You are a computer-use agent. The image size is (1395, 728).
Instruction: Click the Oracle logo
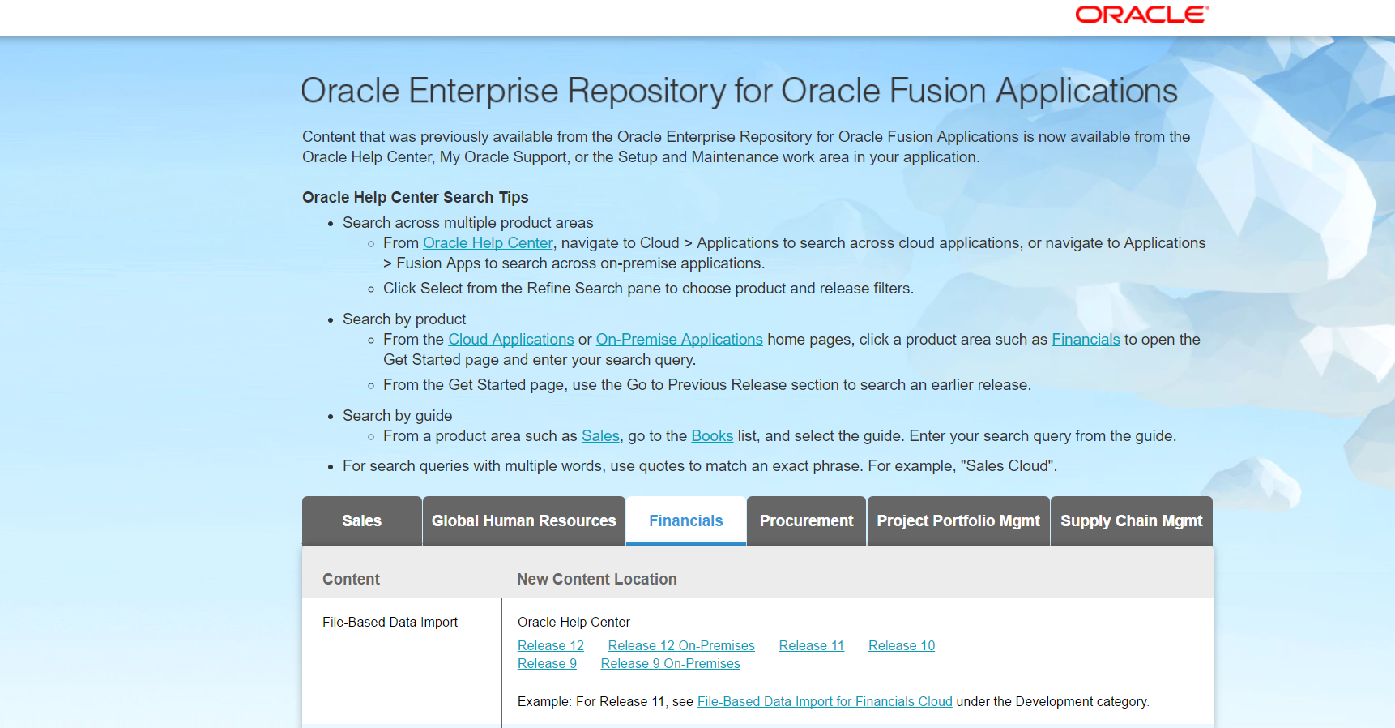(1141, 15)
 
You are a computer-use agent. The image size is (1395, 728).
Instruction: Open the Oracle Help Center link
(488, 243)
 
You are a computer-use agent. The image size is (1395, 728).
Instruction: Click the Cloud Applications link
(510, 340)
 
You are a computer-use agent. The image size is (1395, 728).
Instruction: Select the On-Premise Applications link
(679, 340)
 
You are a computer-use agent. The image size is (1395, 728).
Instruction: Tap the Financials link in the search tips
(1085, 340)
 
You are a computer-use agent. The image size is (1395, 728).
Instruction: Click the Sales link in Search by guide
(600, 436)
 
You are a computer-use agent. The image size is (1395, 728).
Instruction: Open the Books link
(711, 436)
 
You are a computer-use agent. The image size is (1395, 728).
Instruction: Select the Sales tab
(361, 521)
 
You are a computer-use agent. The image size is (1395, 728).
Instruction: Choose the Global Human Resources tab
(523, 521)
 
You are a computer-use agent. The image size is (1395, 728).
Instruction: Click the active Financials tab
(685, 521)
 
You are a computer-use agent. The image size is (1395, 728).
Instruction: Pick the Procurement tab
(806, 521)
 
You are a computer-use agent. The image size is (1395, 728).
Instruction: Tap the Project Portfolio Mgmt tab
(958, 521)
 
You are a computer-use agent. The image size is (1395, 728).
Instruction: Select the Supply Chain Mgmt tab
(1131, 521)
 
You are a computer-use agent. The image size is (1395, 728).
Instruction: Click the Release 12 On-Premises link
(680, 646)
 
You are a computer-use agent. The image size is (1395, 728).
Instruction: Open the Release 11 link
(811, 646)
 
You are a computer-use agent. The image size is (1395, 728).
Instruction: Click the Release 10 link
(901, 646)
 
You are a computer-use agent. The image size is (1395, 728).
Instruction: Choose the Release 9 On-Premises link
(670, 664)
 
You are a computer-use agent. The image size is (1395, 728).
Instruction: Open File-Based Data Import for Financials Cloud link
(824, 702)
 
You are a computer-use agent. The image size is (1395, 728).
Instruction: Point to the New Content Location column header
(596, 580)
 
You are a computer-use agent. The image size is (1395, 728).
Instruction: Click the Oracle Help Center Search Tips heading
(415, 198)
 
